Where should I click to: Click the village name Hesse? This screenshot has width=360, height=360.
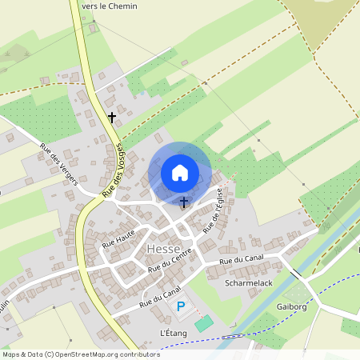(x=163, y=250)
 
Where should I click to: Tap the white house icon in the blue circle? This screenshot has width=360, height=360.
(x=180, y=172)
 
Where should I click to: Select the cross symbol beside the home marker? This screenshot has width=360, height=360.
(x=184, y=202)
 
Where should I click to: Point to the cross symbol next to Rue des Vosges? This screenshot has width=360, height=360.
(x=111, y=118)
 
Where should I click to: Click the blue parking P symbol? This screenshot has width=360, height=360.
(x=180, y=306)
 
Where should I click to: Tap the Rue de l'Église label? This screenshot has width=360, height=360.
(x=212, y=210)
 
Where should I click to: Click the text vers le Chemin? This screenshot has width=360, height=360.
(x=109, y=6)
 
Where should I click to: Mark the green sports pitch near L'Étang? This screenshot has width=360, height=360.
(x=204, y=323)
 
